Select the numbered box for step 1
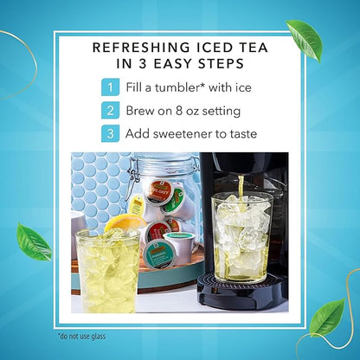[x=110, y=87]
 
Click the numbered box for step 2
[x=110, y=111]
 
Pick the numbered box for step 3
[x=110, y=133]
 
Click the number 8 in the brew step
[x=178, y=111]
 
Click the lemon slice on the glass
[x=125, y=222]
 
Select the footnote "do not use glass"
[x=81, y=336]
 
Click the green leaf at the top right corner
[x=305, y=40]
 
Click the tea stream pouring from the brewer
[x=241, y=189]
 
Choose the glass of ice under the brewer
[x=241, y=237]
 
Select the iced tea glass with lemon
[x=108, y=270]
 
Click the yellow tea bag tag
[x=136, y=205]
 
